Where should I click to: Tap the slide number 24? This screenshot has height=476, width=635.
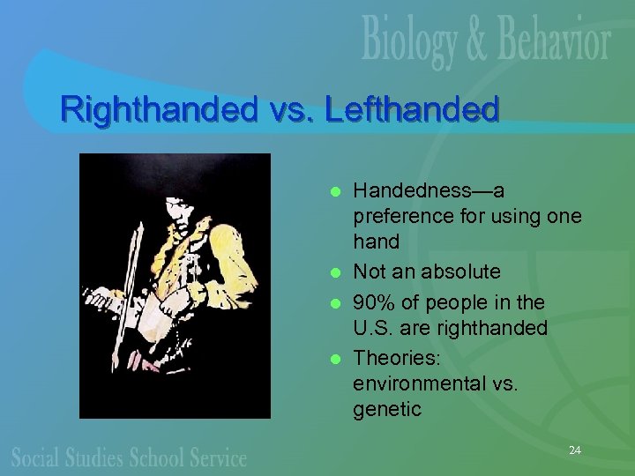coord(575,450)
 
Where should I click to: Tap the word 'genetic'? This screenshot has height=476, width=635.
coord(387,409)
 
